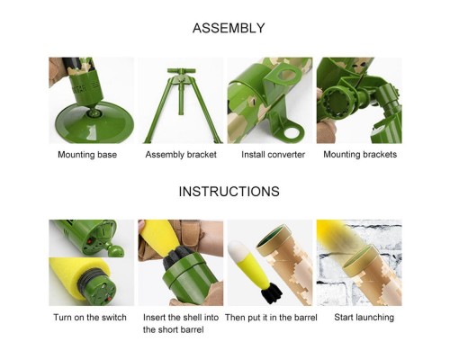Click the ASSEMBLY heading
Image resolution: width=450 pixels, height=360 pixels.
click(229, 28)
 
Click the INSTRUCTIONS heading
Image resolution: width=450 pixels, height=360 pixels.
click(229, 192)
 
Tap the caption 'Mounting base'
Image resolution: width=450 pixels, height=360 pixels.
click(87, 155)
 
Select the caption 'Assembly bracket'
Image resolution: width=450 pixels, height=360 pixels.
click(181, 155)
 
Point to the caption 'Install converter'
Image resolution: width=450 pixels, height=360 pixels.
click(273, 155)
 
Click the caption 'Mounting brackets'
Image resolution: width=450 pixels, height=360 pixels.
click(360, 155)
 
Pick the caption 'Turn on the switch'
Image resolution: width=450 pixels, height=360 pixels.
click(90, 318)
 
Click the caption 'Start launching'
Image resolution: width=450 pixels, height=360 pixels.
click(364, 318)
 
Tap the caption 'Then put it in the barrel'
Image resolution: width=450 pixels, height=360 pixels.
click(271, 318)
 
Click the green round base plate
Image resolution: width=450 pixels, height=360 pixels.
click(94, 122)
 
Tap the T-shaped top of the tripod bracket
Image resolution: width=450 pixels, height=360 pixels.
click(181, 72)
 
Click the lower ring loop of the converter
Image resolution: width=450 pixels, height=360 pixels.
click(293, 132)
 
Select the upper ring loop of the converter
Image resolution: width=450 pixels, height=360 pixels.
click(287, 74)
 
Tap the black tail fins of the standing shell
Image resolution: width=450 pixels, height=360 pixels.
click(270, 294)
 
